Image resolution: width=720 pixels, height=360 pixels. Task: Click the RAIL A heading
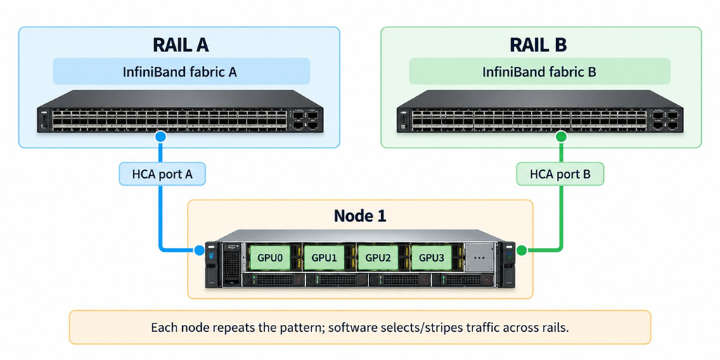click(x=181, y=45)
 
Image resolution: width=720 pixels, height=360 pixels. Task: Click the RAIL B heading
click(x=538, y=45)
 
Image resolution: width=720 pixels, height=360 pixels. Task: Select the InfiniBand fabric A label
click(x=179, y=72)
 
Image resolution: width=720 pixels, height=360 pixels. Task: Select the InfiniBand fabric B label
click(x=539, y=72)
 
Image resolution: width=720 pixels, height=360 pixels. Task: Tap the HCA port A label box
click(x=162, y=174)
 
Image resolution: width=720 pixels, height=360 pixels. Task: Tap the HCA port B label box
click(x=560, y=174)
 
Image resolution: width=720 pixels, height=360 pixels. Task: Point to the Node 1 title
click(x=360, y=215)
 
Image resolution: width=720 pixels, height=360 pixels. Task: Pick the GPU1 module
click(x=324, y=257)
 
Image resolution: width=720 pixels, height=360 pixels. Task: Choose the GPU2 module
click(x=378, y=257)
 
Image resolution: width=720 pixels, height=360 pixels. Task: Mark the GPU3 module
click(x=432, y=257)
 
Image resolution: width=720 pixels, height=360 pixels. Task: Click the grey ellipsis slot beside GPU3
click(x=479, y=257)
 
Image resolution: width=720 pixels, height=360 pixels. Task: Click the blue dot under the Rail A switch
click(x=161, y=136)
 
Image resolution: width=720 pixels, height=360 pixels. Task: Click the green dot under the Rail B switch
click(x=561, y=136)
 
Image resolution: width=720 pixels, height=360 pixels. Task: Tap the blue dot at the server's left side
click(x=199, y=250)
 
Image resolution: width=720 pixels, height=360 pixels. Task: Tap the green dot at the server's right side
click(x=522, y=250)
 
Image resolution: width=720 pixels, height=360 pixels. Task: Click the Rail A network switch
click(x=180, y=111)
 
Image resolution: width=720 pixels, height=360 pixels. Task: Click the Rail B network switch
click(x=539, y=111)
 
